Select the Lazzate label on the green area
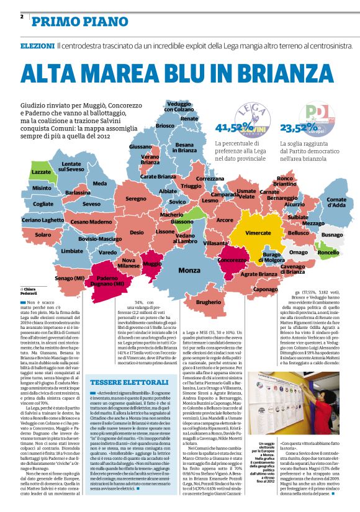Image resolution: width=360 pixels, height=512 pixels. (41, 171)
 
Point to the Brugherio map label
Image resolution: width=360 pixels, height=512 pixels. (209, 302)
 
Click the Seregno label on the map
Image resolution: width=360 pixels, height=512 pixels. (135, 199)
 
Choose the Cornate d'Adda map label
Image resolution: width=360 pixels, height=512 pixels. (336, 202)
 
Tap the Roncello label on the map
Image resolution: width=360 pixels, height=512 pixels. (328, 253)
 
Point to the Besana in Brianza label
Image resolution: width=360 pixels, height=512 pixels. (184, 147)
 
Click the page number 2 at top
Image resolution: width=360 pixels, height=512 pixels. (21, 17)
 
